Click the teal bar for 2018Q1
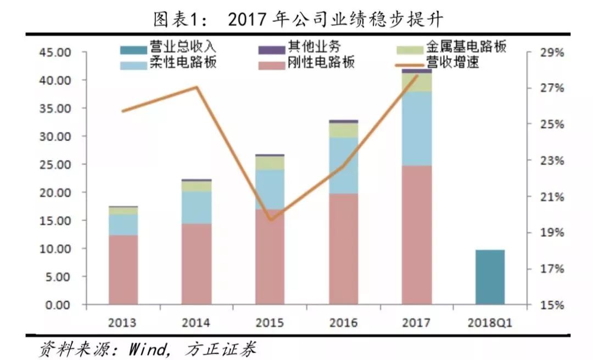pos(489,277)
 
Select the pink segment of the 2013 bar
pos(123,269)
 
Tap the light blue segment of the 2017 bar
pos(416,128)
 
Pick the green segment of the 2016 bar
pos(343,130)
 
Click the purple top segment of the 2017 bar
pos(416,71)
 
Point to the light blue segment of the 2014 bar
pos(196,207)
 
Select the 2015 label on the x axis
pos(270,323)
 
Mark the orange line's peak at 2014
pos(197,87)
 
